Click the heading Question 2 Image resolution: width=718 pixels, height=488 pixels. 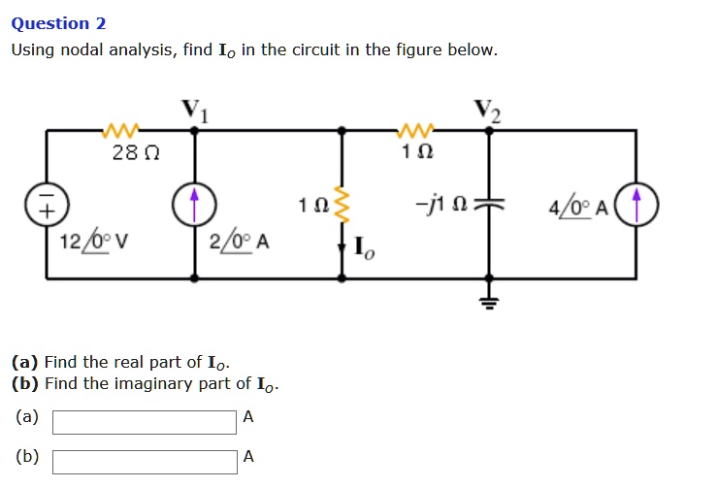coord(58,23)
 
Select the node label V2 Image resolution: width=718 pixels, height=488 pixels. coord(488,110)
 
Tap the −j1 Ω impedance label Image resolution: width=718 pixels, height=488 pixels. coord(447,207)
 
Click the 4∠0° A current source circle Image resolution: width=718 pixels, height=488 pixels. coord(637,206)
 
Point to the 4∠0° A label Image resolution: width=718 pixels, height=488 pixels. coord(578,207)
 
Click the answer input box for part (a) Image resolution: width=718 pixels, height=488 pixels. coord(145,422)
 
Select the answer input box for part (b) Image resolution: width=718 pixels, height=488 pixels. coord(145,461)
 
